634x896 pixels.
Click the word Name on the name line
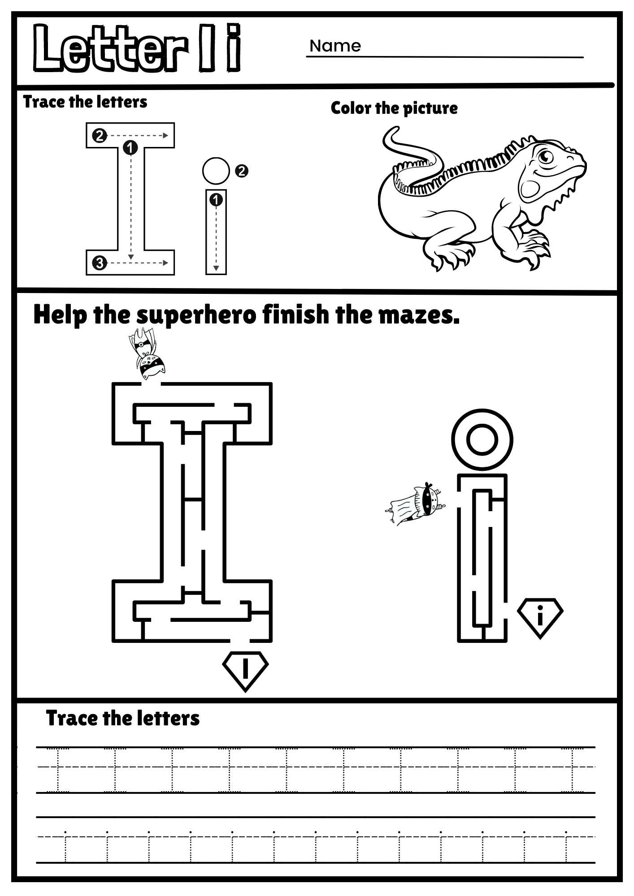335,46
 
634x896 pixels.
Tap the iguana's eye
546,157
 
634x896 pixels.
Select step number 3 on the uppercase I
100,263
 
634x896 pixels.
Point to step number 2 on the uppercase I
100,135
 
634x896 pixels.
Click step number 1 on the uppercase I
130,147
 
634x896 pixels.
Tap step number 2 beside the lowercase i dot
241,171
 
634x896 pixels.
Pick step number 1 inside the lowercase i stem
216,200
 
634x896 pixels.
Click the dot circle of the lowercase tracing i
216,171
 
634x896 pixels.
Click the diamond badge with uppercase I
245,670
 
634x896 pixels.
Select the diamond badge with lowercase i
540,617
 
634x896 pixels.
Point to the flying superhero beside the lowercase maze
416,503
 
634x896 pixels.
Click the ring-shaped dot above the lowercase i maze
482,439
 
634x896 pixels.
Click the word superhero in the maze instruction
196,315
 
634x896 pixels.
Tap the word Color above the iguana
351,108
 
